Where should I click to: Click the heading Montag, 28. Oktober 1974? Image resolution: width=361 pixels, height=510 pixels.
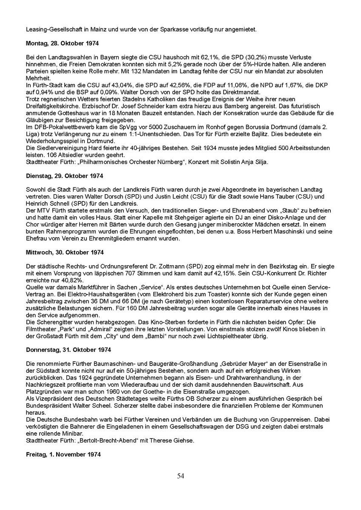[60, 43]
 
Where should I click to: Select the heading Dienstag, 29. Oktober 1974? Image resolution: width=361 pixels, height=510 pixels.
[64, 176]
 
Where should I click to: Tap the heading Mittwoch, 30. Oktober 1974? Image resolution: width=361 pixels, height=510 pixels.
[65, 252]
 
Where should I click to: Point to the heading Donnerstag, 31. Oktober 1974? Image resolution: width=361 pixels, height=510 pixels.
[68, 350]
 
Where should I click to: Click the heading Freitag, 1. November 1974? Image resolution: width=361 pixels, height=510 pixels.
[63, 454]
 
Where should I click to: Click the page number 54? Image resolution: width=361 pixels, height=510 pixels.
[180, 476]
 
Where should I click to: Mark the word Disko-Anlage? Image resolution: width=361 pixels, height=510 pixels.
[265, 217]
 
